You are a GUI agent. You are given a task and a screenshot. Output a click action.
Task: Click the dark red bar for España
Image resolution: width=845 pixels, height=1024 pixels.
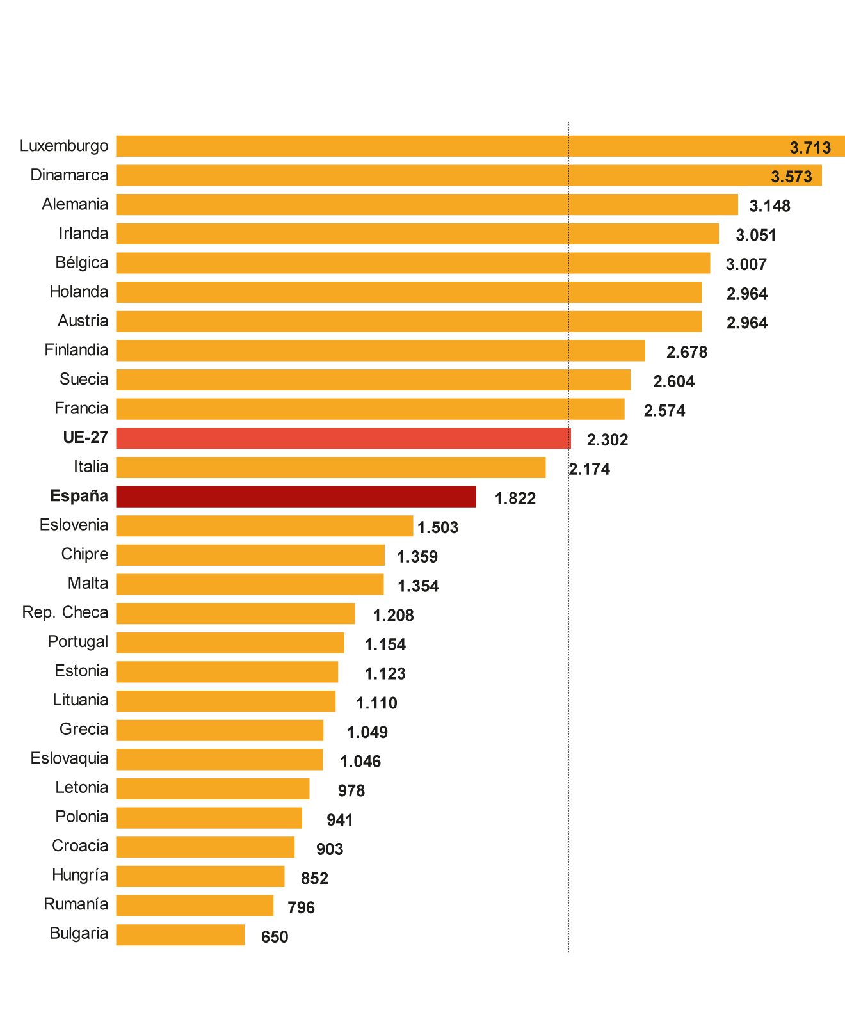[x=296, y=497]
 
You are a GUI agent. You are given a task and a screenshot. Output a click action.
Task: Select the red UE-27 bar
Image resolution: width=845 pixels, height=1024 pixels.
[x=343, y=438]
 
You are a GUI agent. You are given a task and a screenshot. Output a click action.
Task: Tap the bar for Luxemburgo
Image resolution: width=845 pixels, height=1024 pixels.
[x=480, y=146]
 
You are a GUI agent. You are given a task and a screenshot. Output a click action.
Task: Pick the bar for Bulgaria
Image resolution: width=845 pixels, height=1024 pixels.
[x=181, y=934]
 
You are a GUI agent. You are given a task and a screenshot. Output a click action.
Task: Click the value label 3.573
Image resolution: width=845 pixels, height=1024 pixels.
[x=791, y=177]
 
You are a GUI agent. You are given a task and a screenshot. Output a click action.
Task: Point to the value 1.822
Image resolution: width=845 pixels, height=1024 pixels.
[x=515, y=498]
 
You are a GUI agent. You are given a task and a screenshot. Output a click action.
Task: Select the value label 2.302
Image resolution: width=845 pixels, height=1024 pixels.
[x=608, y=440]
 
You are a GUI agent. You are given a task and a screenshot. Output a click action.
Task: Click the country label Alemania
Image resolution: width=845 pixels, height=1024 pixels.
[x=75, y=204]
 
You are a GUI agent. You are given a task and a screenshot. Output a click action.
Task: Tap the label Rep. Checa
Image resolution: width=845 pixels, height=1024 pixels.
[x=65, y=612]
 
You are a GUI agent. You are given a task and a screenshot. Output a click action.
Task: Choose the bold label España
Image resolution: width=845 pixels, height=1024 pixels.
[x=79, y=496]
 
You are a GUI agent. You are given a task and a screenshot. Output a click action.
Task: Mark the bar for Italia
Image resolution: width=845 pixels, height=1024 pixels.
[x=331, y=467]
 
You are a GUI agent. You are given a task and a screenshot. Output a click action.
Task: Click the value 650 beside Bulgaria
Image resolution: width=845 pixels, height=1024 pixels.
[x=275, y=937]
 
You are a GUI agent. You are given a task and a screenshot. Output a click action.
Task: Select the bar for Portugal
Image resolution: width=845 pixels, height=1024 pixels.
[x=230, y=643]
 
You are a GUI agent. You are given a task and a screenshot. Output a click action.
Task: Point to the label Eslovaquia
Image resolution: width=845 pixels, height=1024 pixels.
[x=69, y=758]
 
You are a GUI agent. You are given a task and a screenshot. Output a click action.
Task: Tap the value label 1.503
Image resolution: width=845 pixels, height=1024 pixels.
[x=438, y=527]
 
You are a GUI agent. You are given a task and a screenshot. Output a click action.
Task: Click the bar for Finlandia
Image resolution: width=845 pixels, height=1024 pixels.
[x=380, y=351]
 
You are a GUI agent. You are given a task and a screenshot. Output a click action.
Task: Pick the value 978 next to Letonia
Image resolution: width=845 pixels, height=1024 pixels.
[x=351, y=791]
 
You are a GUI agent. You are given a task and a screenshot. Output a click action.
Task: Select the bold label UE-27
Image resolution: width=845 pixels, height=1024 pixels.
[x=85, y=438]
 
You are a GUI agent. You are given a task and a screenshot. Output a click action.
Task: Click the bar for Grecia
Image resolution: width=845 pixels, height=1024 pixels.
[x=220, y=730]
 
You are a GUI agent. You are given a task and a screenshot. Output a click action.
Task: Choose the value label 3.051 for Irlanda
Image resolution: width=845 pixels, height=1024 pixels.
[x=756, y=236]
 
